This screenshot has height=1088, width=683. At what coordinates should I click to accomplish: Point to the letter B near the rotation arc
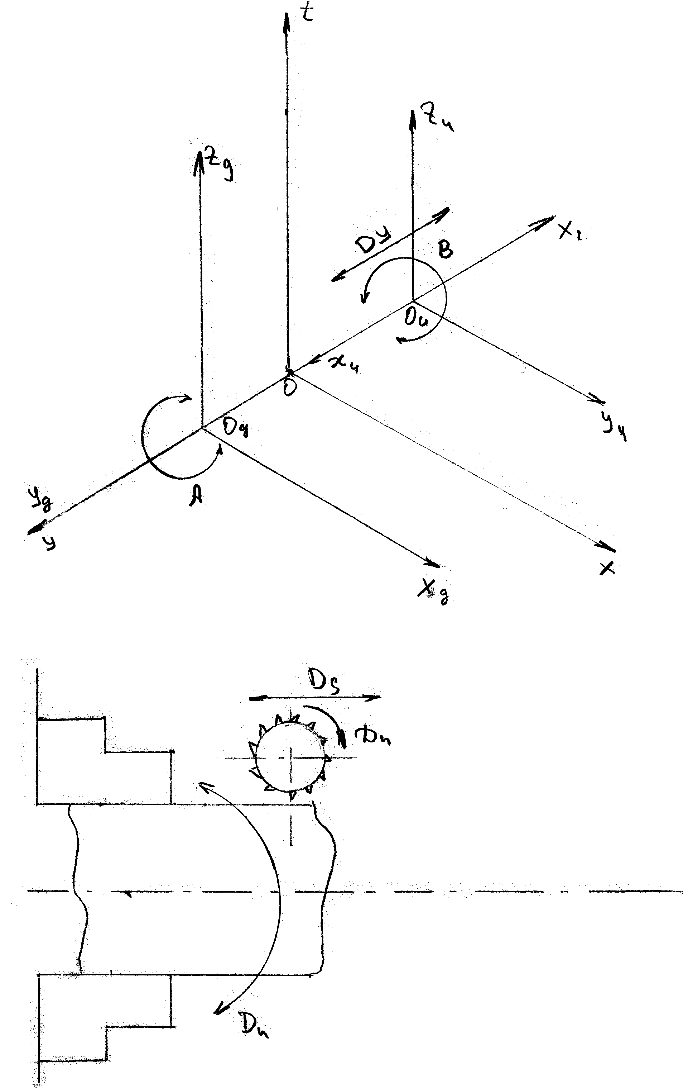[446, 249]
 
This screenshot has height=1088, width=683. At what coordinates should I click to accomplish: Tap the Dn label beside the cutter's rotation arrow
[373, 737]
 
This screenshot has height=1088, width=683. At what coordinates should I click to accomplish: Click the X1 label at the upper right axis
[571, 232]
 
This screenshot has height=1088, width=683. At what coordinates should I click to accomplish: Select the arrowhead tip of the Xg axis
[439, 566]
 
